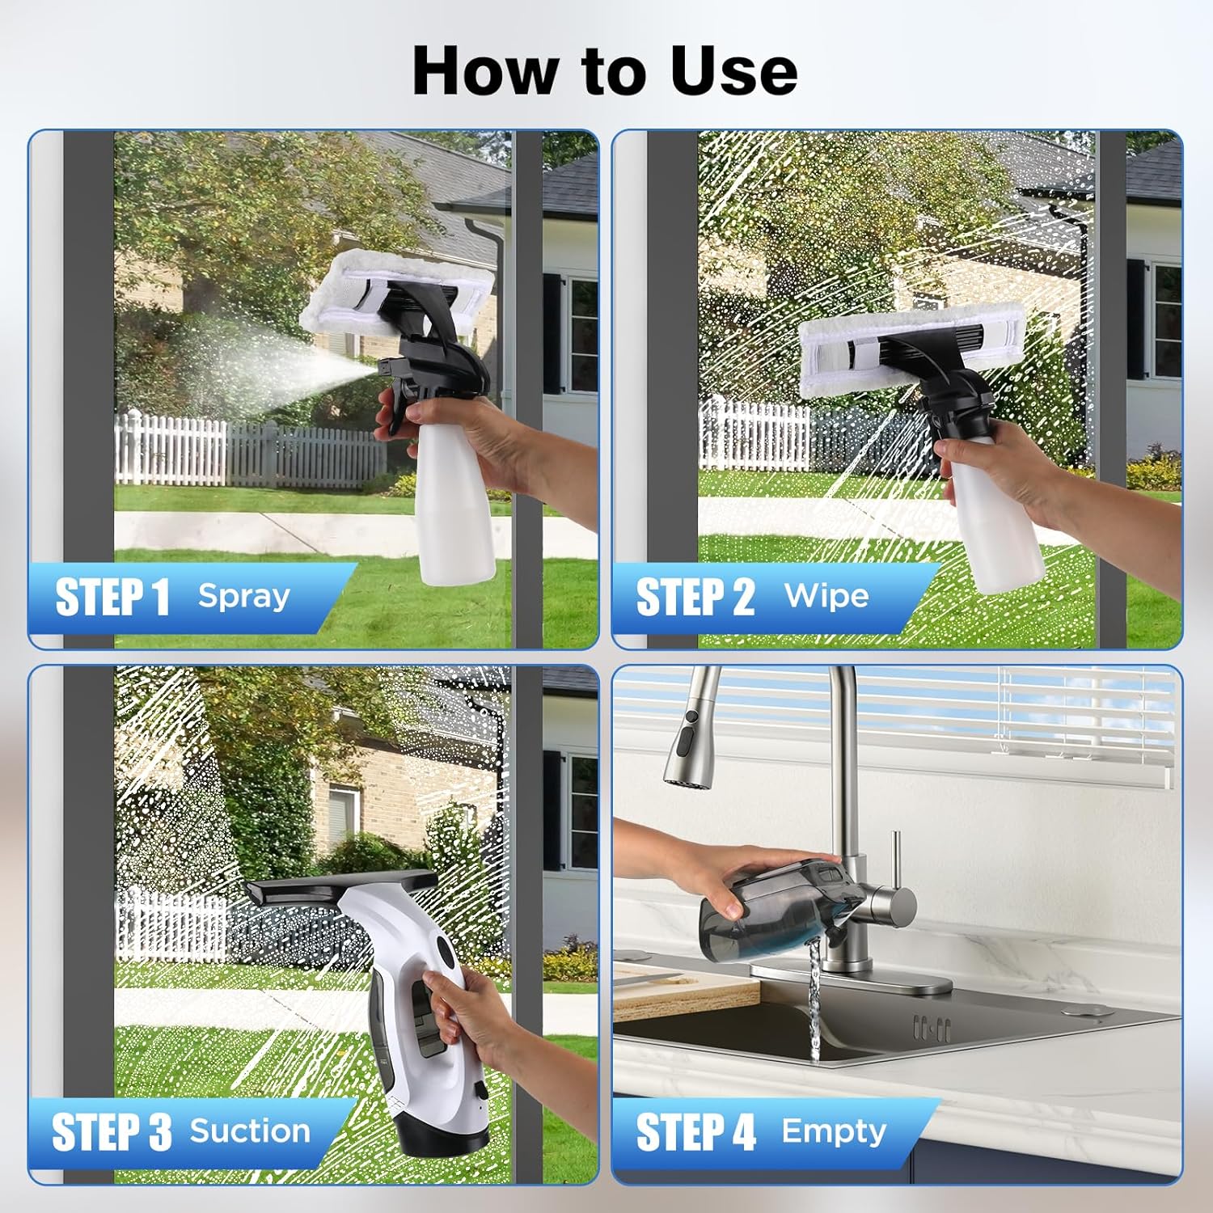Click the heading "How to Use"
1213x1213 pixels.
pos(605,70)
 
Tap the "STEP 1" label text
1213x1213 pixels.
pos(112,598)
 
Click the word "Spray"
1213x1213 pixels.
pos(243,596)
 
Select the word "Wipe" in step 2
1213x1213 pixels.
pos(826,596)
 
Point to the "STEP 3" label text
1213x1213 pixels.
pos(112,1131)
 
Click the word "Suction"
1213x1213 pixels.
pos(250,1131)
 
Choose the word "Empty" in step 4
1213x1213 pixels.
pos(834,1131)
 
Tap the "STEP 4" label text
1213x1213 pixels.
pos(695,1131)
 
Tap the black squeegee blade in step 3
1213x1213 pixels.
pos(340,889)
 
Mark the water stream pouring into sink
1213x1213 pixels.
pos(814,1003)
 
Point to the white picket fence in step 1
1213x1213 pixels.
pos(243,453)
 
